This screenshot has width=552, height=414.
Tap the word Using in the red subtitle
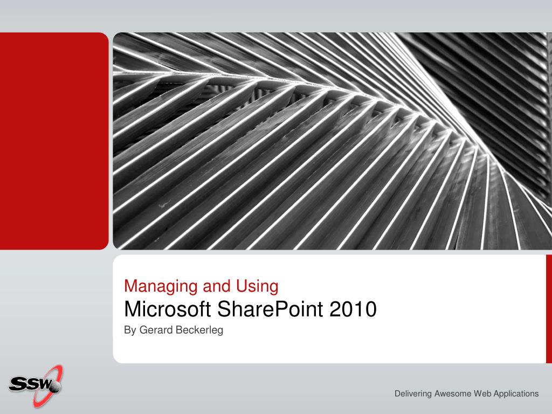click(x=257, y=287)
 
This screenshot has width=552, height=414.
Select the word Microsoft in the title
click(x=167, y=309)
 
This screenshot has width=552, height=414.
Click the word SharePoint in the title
click(x=270, y=310)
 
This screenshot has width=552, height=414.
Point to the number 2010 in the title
click(x=353, y=309)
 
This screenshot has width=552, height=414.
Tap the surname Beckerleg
click(x=199, y=330)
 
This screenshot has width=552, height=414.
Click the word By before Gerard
click(x=130, y=330)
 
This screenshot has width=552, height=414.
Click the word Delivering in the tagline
click(x=413, y=394)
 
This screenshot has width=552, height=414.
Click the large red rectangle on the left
click(x=54, y=141)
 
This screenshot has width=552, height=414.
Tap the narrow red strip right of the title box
click(x=549, y=309)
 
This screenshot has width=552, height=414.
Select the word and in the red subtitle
click(x=217, y=287)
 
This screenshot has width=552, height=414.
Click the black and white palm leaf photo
click(x=332, y=141)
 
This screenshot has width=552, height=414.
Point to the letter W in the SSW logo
click(x=44, y=383)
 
